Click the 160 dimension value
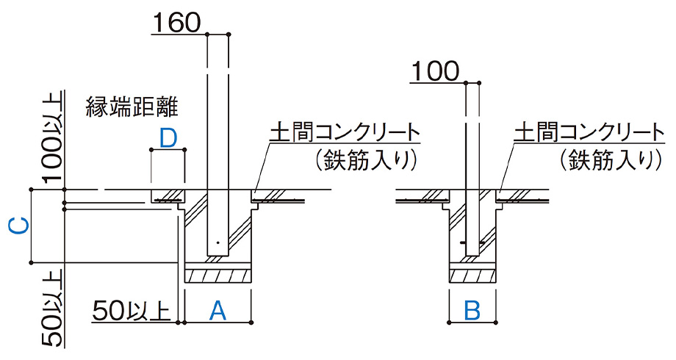tap(176, 24)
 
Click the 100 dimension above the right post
tap(435, 71)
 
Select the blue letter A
tap(217, 310)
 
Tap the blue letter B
tap(472, 310)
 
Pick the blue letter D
tap(168, 137)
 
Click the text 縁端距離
tap(132, 107)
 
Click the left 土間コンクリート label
tap(345, 132)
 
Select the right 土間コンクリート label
tap(585, 132)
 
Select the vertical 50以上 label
tap(52, 309)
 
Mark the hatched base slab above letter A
tap(217, 276)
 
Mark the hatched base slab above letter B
tap(472, 276)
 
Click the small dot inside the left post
tap(217, 242)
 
